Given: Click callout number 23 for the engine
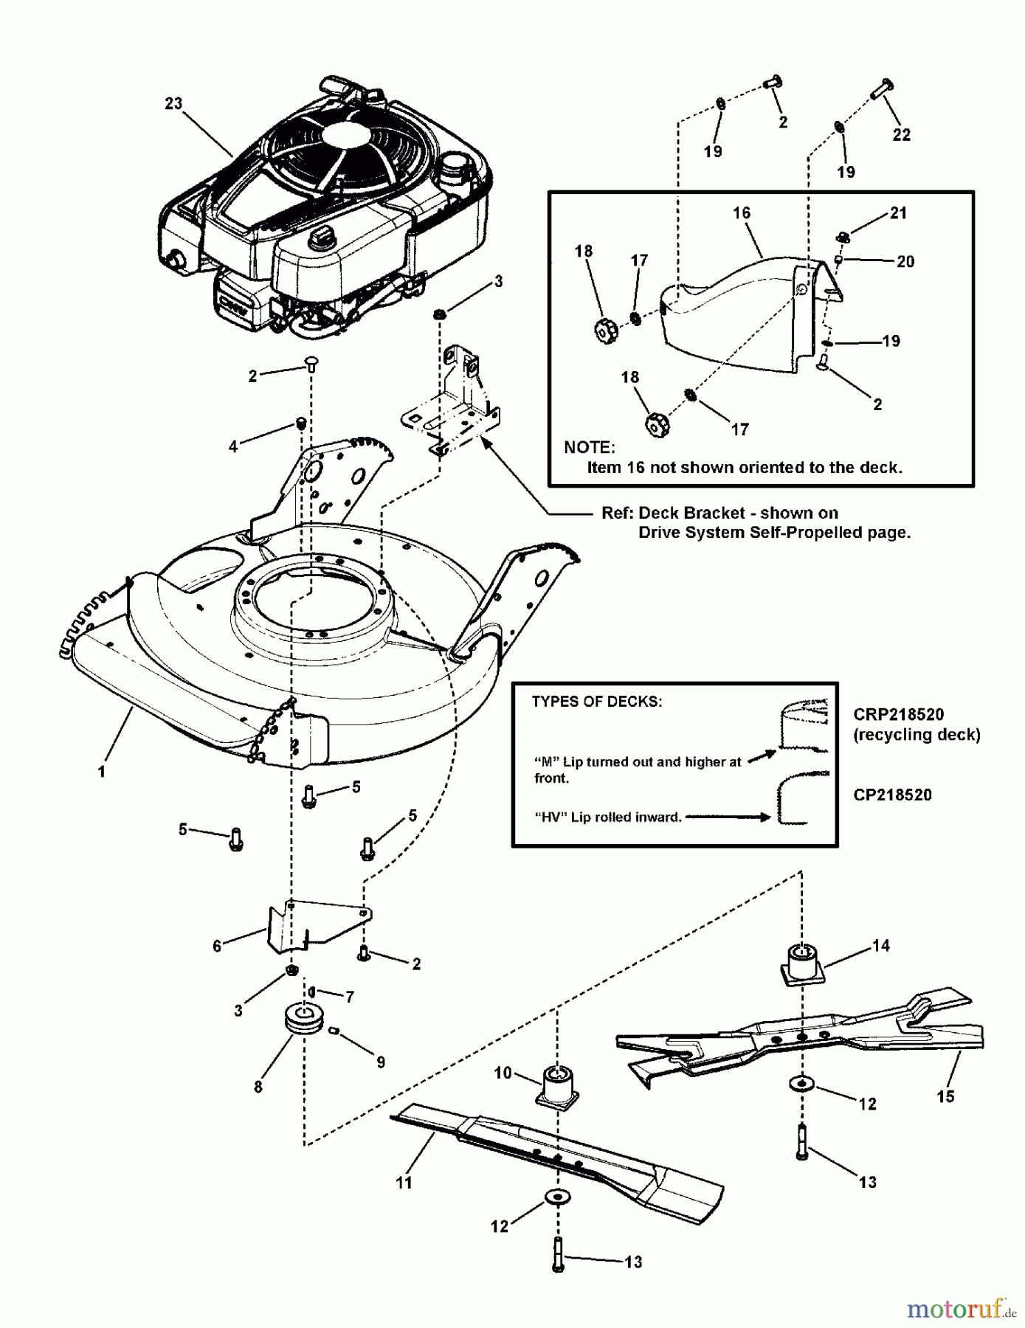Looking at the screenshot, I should pyautogui.click(x=173, y=104).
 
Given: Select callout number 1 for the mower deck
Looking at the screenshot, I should pyautogui.click(x=102, y=772).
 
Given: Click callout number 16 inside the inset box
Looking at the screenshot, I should pyautogui.click(x=742, y=213).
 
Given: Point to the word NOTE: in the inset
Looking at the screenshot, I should pyautogui.click(x=589, y=447).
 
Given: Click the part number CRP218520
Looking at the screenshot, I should pyautogui.click(x=898, y=714).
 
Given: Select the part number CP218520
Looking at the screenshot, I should pyautogui.click(x=892, y=795).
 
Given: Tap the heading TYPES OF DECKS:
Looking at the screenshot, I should pyautogui.click(x=596, y=702).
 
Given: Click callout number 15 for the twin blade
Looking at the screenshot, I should pyautogui.click(x=945, y=1097).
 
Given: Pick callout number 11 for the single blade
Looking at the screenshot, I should pyautogui.click(x=404, y=1183).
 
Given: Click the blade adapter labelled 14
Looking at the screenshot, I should pyautogui.click(x=801, y=964).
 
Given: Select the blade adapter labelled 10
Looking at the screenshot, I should pyautogui.click(x=558, y=1085).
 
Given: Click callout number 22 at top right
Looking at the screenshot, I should pyautogui.click(x=902, y=135).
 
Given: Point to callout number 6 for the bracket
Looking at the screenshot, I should pyautogui.click(x=217, y=947).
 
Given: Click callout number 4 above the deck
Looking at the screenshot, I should pyautogui.click(x=233, y=446).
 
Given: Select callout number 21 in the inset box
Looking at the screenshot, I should pyautogui.click(x=898, y=213).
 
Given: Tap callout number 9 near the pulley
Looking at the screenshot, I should pyautogui.click(x=381, y=1062).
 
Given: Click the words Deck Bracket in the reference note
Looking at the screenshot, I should pyautogui.click(x=681, y=513).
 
